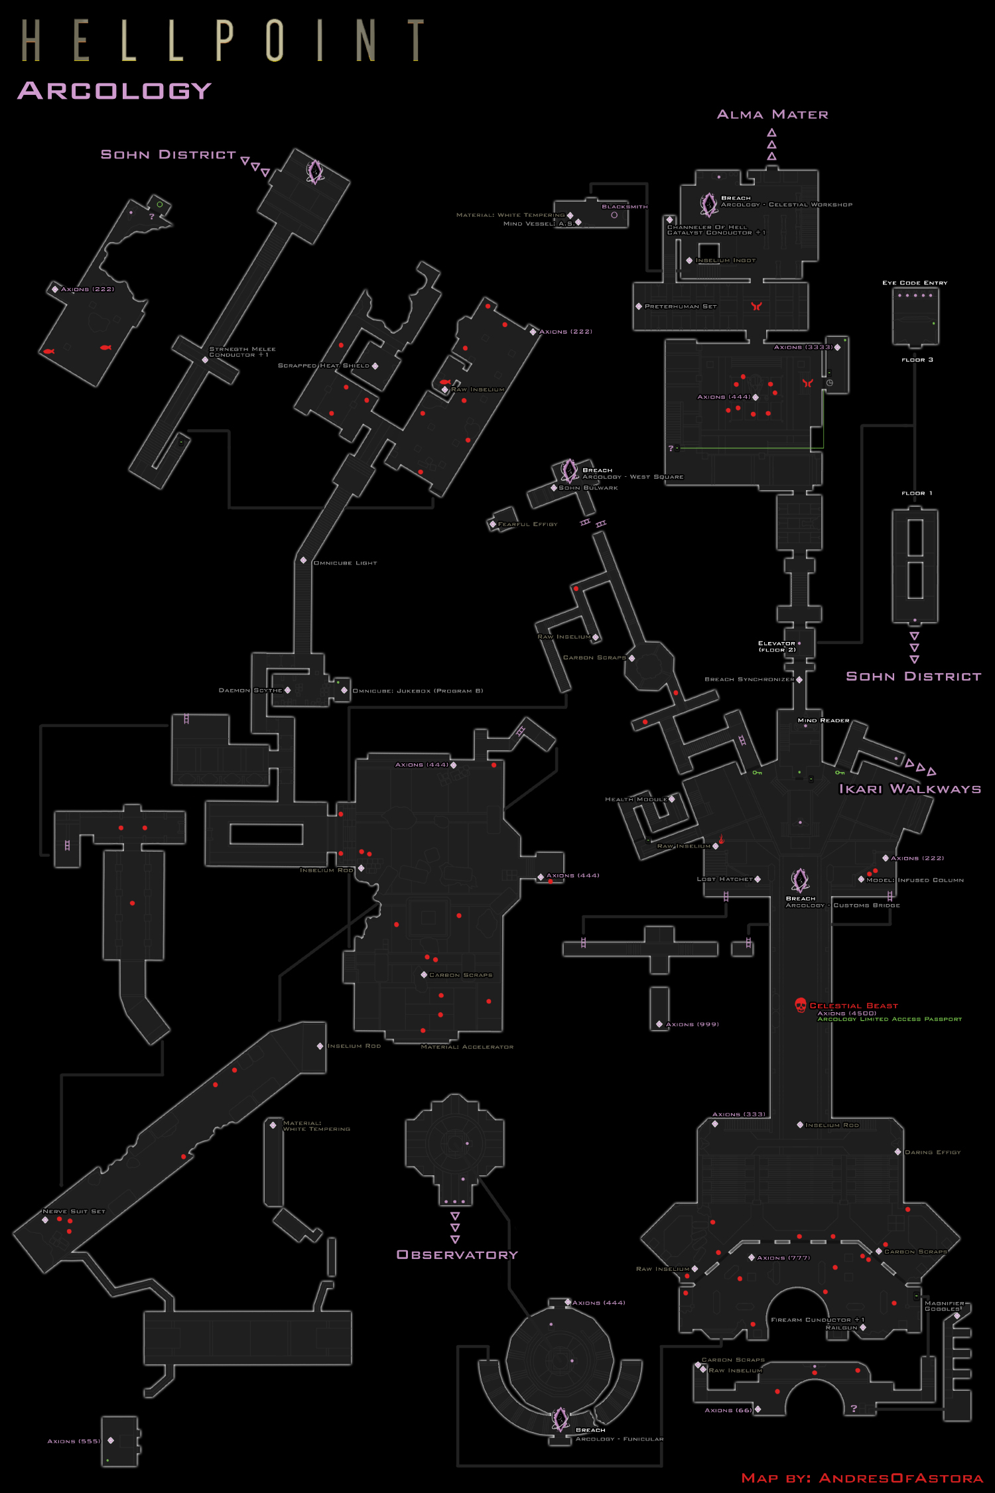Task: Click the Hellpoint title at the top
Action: click(222, 40)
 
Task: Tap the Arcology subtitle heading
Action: click(115, 90)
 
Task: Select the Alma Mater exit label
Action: click(772, 115)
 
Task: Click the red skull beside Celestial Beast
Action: click(801, 1005)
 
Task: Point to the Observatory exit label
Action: click(457, 1254)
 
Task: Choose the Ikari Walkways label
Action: click(909, 789)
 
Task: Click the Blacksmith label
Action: click(624, 207)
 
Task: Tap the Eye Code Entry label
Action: click(915, 283)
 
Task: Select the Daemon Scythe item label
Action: click(251, 690)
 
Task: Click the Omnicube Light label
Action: click(345, 563)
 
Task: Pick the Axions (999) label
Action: click(692, 1024)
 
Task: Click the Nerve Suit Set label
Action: click(74, 1211)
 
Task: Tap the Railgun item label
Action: click(841, 1328)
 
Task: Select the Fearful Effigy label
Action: click(527, 524)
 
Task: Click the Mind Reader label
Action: click(823, 720)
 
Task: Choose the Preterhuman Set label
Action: click(681, 306)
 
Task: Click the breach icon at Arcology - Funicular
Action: click(561, 1419)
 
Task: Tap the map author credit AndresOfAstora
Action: click(862, 1478)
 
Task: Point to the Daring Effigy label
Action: click(933, 1152)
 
